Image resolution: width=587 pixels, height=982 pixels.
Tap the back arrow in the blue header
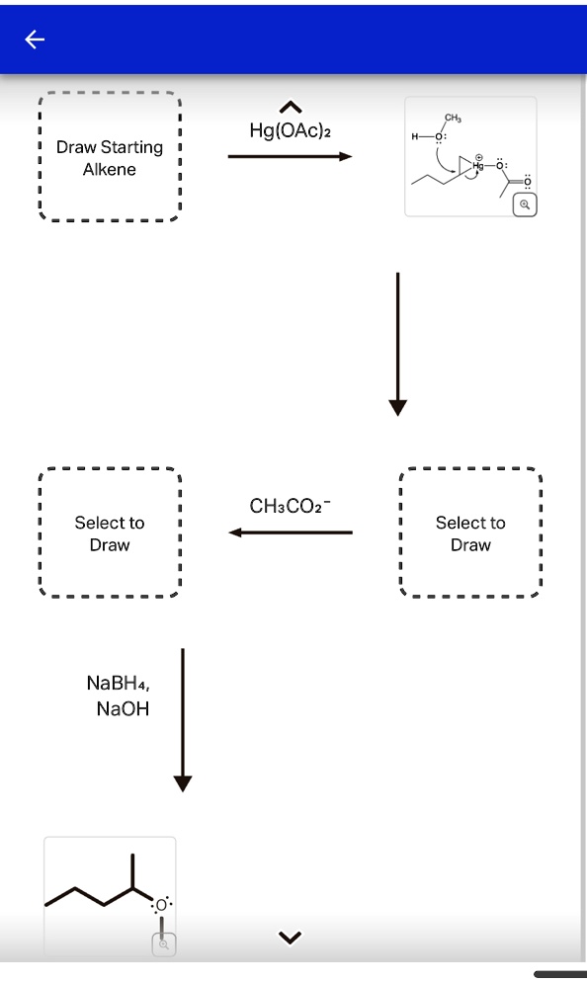(x=35, y=40)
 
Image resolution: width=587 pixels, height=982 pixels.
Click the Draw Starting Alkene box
(x=109, y=158)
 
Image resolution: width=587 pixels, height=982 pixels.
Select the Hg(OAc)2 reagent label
(x=290, y=130)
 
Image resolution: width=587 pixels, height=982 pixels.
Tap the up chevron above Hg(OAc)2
(x=290, y=107)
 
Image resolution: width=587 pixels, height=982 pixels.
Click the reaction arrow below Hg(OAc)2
(x=290, y=156)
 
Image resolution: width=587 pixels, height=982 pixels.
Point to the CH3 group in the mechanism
(x=453, y=119)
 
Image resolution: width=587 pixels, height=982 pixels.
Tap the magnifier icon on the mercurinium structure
(x=526, y=205)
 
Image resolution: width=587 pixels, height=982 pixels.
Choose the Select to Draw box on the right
(x=470, y=533)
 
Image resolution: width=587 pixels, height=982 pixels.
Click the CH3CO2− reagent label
(x=291, y=507)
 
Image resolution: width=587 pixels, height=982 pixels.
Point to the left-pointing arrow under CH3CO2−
(x=291, y=532)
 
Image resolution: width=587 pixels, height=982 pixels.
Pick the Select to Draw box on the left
(x=109, y=533)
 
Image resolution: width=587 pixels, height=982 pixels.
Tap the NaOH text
(x=123, y=708)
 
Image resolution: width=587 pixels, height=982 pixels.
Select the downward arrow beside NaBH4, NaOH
(x=182, y=720)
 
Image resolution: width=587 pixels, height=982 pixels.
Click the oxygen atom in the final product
(x=161, y=904)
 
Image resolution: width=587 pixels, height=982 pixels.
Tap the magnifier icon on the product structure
(x=164, y=944)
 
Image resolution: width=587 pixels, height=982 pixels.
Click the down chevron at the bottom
(x=290, y=937)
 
